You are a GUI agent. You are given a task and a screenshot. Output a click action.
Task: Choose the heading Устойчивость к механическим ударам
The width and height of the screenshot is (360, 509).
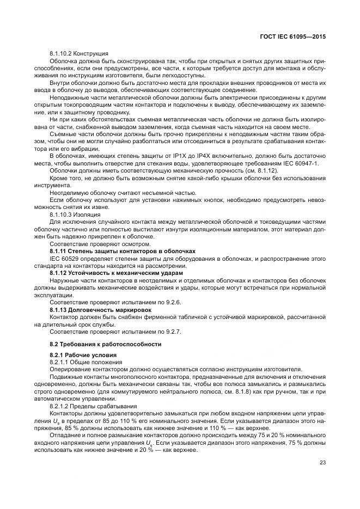click(117, 272)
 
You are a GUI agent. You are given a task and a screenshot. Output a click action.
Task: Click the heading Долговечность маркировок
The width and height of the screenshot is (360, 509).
click(104, 309)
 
